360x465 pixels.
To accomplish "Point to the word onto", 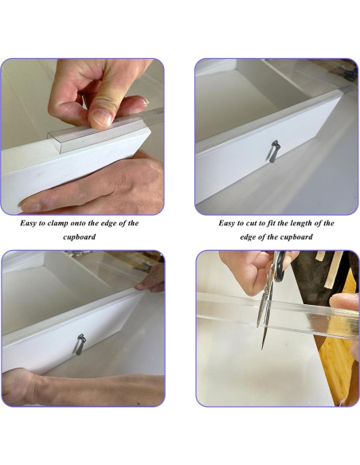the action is [x=78, y=223].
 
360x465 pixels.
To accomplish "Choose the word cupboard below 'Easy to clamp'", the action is [x=79, y=237].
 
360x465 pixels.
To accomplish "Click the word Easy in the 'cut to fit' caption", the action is [x=226, y=223].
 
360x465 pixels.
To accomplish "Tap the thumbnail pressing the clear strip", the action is [x=101, y=118].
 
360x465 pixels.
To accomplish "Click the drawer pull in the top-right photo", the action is [x=273, y=151].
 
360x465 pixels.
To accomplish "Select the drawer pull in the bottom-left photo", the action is [x=80, y=344].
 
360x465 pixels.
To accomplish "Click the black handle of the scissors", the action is [x=280, y=265].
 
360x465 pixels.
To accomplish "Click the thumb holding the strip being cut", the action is [x=344, y=302].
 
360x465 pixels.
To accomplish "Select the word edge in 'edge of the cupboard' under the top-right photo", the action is [x=247, y=237].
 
